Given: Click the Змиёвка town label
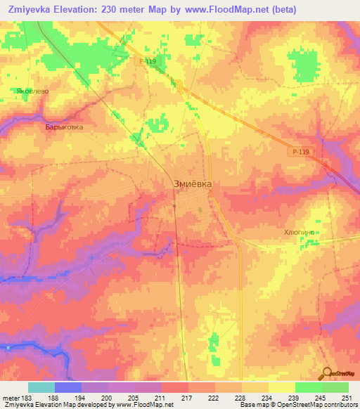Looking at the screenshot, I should point(192,183).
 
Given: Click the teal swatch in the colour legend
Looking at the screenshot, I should point(41,387).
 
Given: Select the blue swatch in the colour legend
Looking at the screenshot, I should point(68,387).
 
